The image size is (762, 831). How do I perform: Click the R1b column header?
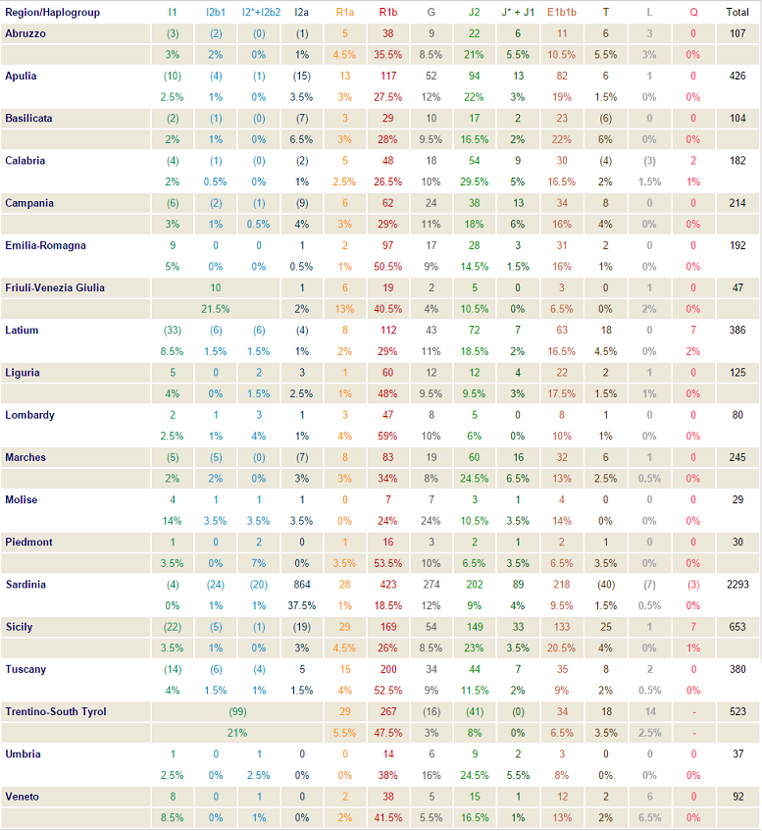click(x=387, y=12)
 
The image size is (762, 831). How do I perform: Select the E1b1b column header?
click(x=562, y=12)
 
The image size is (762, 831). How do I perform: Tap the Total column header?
click(x=737, y=12)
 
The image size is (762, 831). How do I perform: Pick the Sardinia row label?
click(x=25, y=584)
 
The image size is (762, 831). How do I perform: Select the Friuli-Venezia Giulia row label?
click(x=55, y=287)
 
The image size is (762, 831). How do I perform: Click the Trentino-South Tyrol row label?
click(x=56, y=711)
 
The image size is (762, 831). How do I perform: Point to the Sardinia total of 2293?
click(x=737, y=584)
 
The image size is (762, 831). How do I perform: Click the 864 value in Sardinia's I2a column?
click(x=302, y=584)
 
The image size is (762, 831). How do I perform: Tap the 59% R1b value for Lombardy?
click(x=387, y=436)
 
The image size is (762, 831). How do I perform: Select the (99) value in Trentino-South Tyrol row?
click(x=236, y=711)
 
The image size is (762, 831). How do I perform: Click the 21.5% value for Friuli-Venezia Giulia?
click(x=215, y=308)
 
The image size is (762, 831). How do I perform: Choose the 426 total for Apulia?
click(x=737, y=76)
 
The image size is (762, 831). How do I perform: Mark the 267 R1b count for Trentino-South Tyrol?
click(x=387, y=711)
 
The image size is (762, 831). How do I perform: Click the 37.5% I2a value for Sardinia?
click(x=302, y=605)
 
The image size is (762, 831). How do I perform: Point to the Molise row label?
click(x=21, y=499)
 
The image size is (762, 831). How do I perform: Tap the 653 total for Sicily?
click(x=737, y=626)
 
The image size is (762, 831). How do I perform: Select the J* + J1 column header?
click(x=519, y=12)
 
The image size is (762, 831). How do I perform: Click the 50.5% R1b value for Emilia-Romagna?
click(x=387, y=266)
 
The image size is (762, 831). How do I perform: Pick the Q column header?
click(x=693, y=12)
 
